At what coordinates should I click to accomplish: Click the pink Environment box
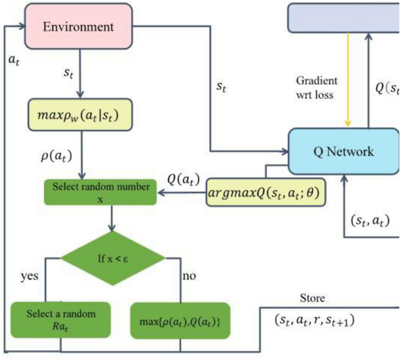pyautogui.click(x=80, y=27)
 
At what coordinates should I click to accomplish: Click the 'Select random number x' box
pyautogui.click(x=101, y=193)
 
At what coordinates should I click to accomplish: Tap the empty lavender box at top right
pyautogui.click(x=343, y=16)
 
